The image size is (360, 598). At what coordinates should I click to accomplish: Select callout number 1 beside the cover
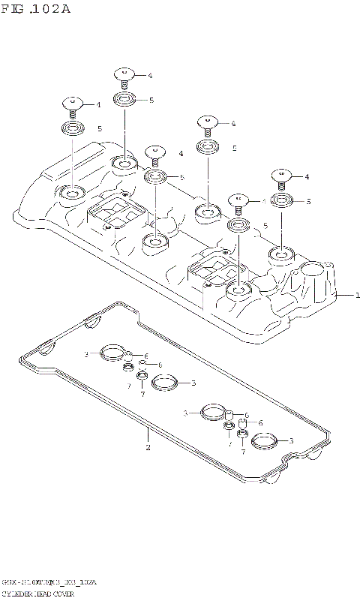point(357,296)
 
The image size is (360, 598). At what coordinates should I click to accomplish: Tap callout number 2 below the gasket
point(148,448)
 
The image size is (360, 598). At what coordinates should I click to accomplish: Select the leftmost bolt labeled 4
point(73,104)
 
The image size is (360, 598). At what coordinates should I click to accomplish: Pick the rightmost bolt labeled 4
point(281,177)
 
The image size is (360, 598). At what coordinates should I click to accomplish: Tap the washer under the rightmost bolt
point(282,200)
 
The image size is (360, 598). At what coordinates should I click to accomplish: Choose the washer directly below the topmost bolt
point(124,99)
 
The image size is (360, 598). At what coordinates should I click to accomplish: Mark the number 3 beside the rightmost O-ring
point(291,440)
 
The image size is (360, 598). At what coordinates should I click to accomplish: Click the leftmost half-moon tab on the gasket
point(91,323)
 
